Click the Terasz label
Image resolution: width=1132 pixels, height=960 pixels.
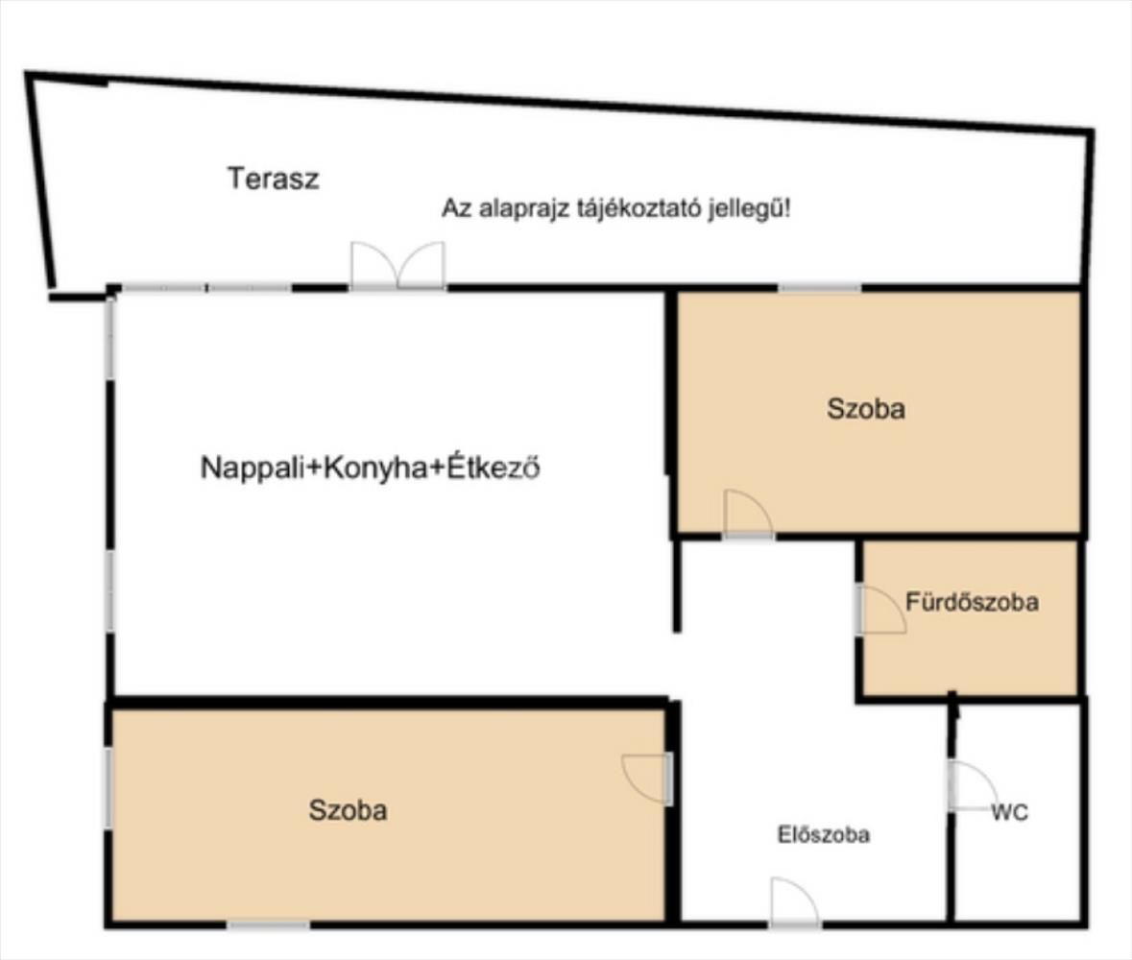[x=273, y=179]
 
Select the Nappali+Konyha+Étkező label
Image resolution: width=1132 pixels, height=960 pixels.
[x=371, y=467]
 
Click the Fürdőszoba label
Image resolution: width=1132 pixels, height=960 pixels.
[x=972, y=601]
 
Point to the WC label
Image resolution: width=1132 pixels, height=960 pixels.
[x=1009, y=813]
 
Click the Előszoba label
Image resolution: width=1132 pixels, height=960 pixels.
[x=824, y=834]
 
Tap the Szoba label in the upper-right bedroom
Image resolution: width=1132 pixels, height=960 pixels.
[x=866, y=409]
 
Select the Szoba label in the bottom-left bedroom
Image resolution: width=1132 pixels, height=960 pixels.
[x=348, y=810]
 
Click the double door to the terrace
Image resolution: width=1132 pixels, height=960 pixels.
[x=397, y=266]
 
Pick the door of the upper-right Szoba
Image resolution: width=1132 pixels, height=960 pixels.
[x=748, y=514]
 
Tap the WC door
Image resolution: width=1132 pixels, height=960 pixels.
[x=974, y=785]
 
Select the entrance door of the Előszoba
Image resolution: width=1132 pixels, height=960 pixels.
[x=795, y=902]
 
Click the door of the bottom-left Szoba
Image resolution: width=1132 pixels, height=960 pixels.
[x=647, y=780]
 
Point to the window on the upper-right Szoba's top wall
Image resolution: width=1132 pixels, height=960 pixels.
[x=819, y=288]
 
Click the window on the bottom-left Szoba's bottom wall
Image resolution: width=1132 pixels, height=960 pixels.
[x=268, y=924]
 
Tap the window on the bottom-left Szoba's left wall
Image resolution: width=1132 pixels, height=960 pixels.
[x=108, y=788]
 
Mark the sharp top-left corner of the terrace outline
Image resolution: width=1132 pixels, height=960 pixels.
[x=26, y=72]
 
